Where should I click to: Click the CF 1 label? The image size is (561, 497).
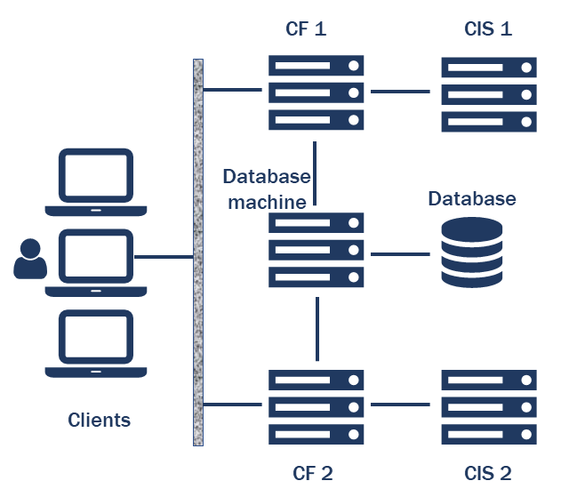coord(307,28)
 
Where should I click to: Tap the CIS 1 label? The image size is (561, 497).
coord(488,28)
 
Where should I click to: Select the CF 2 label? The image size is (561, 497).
coord(312,472)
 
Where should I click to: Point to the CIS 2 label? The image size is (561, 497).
coord(488,472)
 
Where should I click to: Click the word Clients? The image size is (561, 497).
coord(100,420)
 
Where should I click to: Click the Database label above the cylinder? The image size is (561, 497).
coord(472,197)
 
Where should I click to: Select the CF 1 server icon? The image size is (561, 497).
coord(317,92)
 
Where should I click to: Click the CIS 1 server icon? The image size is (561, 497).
coord(489,92)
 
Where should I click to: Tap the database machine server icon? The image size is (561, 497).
coord(317,250)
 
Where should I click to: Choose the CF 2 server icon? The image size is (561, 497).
coord(317,406)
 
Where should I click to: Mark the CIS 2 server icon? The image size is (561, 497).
coord(489,406)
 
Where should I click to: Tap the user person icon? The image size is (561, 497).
coord(30,259)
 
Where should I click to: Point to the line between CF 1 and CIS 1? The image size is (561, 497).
coord(401,91)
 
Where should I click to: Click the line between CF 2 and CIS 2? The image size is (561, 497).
coord(401,405)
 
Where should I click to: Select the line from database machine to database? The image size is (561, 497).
coord(401,254)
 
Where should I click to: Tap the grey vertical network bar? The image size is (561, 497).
coord(198,252)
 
